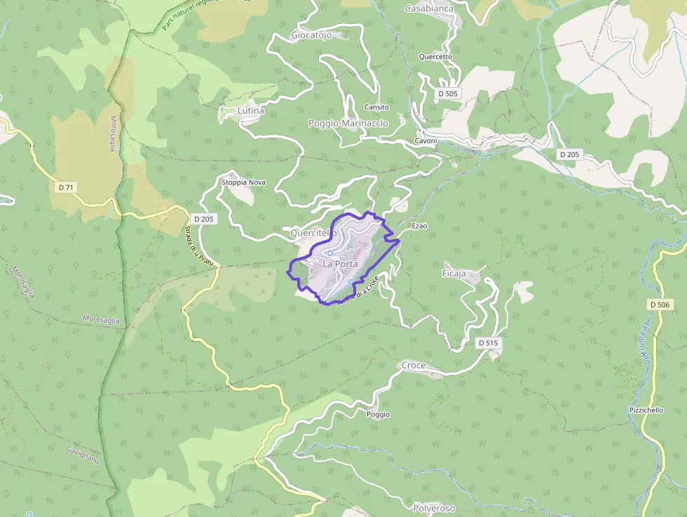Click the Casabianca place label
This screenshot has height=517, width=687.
click(429, 8)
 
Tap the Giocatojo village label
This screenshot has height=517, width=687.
click(311, 35)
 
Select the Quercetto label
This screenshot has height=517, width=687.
click(435, 57)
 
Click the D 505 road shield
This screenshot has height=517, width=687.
click(447, 93)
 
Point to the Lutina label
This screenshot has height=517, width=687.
click(251, 111)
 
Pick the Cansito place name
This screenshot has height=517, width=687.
click(376, 107)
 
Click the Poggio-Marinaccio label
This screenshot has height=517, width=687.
click(348, 123)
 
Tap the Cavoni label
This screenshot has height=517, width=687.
click(426, 141)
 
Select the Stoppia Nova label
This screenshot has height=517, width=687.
click(243, 182)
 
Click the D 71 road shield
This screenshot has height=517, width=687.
click(66, 187)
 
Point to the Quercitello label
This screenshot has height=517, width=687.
click(313, 232)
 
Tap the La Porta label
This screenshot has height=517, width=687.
click(340, 264)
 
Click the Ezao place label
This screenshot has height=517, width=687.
click(419, 226)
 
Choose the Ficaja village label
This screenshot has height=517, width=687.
click(454, 274)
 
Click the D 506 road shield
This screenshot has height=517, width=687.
click(660, 304)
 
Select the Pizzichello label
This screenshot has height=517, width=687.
click(646, 410)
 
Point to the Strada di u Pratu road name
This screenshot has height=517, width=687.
click(199, 246)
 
